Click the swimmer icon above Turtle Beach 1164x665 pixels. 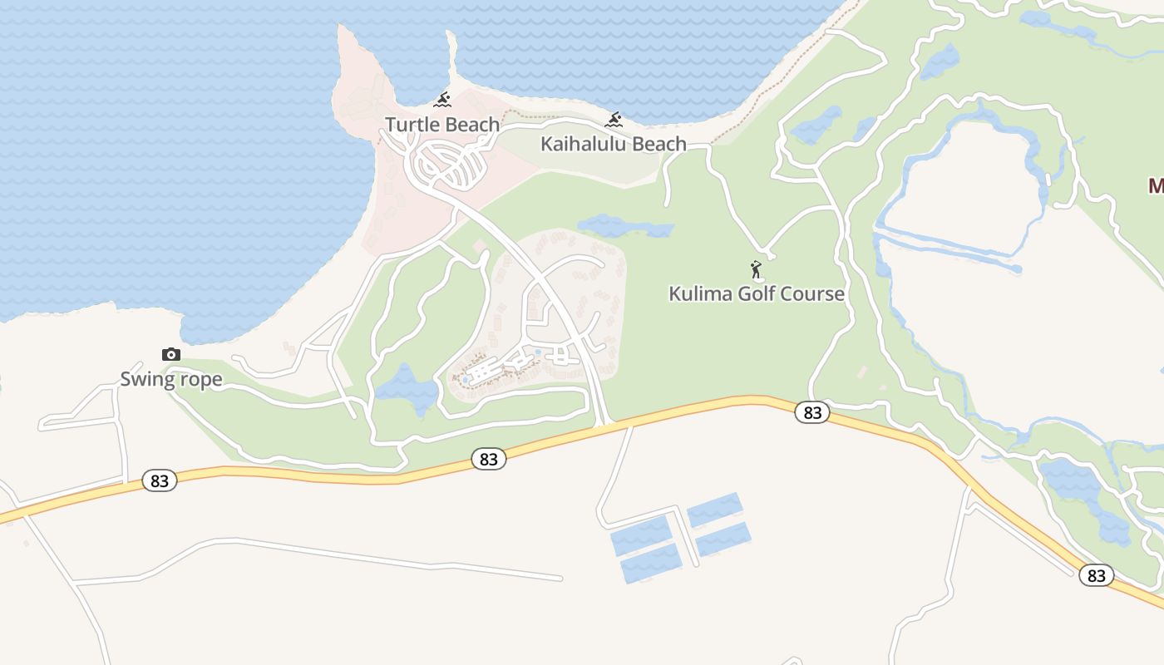click(x=442, y=101)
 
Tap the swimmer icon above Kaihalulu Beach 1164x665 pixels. click(x=614, y=121)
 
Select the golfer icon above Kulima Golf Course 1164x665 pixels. click(x=756, y=269)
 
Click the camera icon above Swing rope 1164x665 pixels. click(x=170, y=355)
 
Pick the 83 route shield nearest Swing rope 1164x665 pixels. click(x=160, y=480)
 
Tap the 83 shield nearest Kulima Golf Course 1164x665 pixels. click(x=811, y=412)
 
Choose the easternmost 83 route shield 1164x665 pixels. click(x=1096, y=575)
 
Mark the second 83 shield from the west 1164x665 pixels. click(x=488, y=459)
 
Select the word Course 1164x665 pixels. click(x=813, y=293)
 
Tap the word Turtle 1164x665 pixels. click(x=412, y=125)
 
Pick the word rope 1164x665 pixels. click(x=202, y=380)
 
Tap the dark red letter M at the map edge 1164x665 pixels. click(x=1155, y=185)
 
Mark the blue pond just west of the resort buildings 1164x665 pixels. click(x=407, y=389)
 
